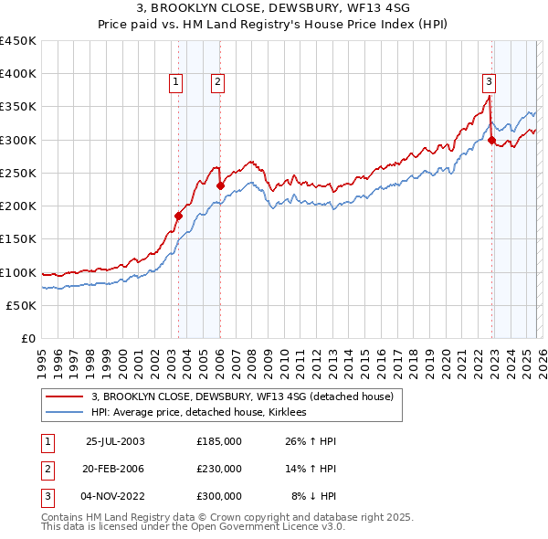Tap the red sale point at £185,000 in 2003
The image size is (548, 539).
pos(179,216)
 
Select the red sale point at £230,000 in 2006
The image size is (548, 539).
pos(220,185)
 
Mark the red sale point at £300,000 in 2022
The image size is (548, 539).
pos(491,140)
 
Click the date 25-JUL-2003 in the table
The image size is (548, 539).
pos(115,441)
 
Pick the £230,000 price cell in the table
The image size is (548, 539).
pos(219,469)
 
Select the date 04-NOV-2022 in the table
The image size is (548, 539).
pos(115,496)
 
